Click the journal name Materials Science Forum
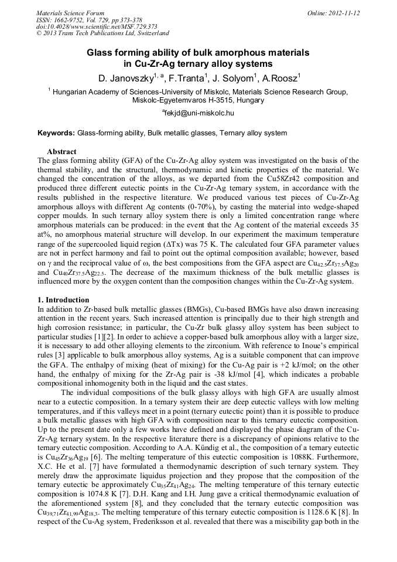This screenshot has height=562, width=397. point(70,12)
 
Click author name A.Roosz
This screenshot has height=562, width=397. point(279,77)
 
